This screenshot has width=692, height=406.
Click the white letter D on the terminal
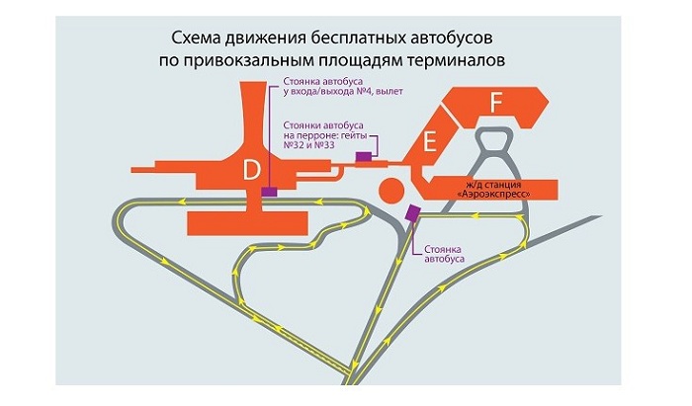point(252,172)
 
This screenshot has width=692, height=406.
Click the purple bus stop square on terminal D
point(268,192)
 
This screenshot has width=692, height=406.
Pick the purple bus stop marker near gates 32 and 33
point(364,156)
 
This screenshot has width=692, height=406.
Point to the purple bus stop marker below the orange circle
point(412,211)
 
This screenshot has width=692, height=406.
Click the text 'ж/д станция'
point(492,184)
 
